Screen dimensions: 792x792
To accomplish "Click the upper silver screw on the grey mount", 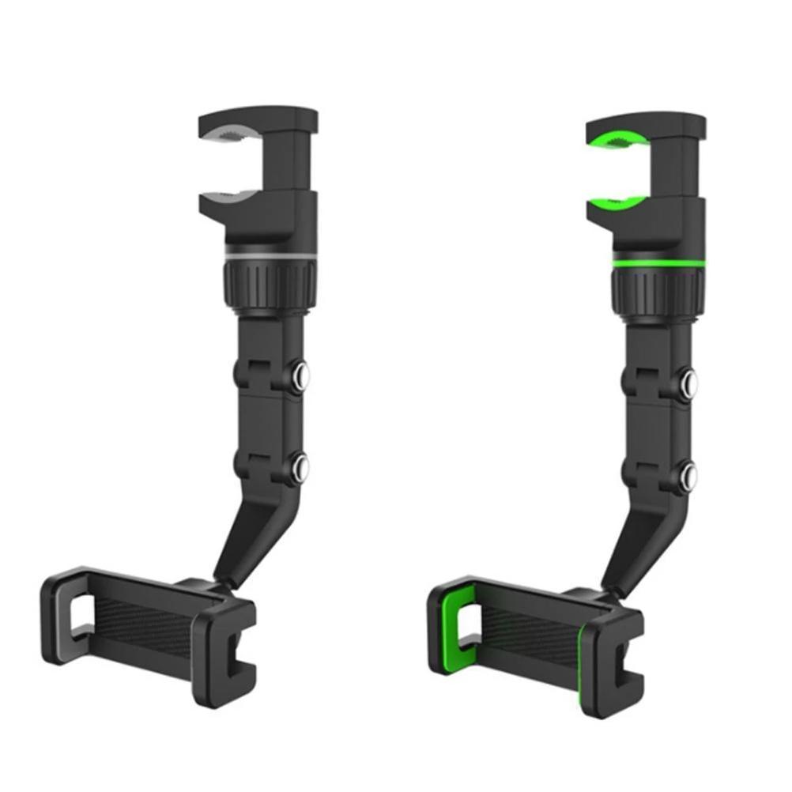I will click(x=301, y=375).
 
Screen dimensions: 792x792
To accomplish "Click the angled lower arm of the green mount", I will click(x=632, y=537).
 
